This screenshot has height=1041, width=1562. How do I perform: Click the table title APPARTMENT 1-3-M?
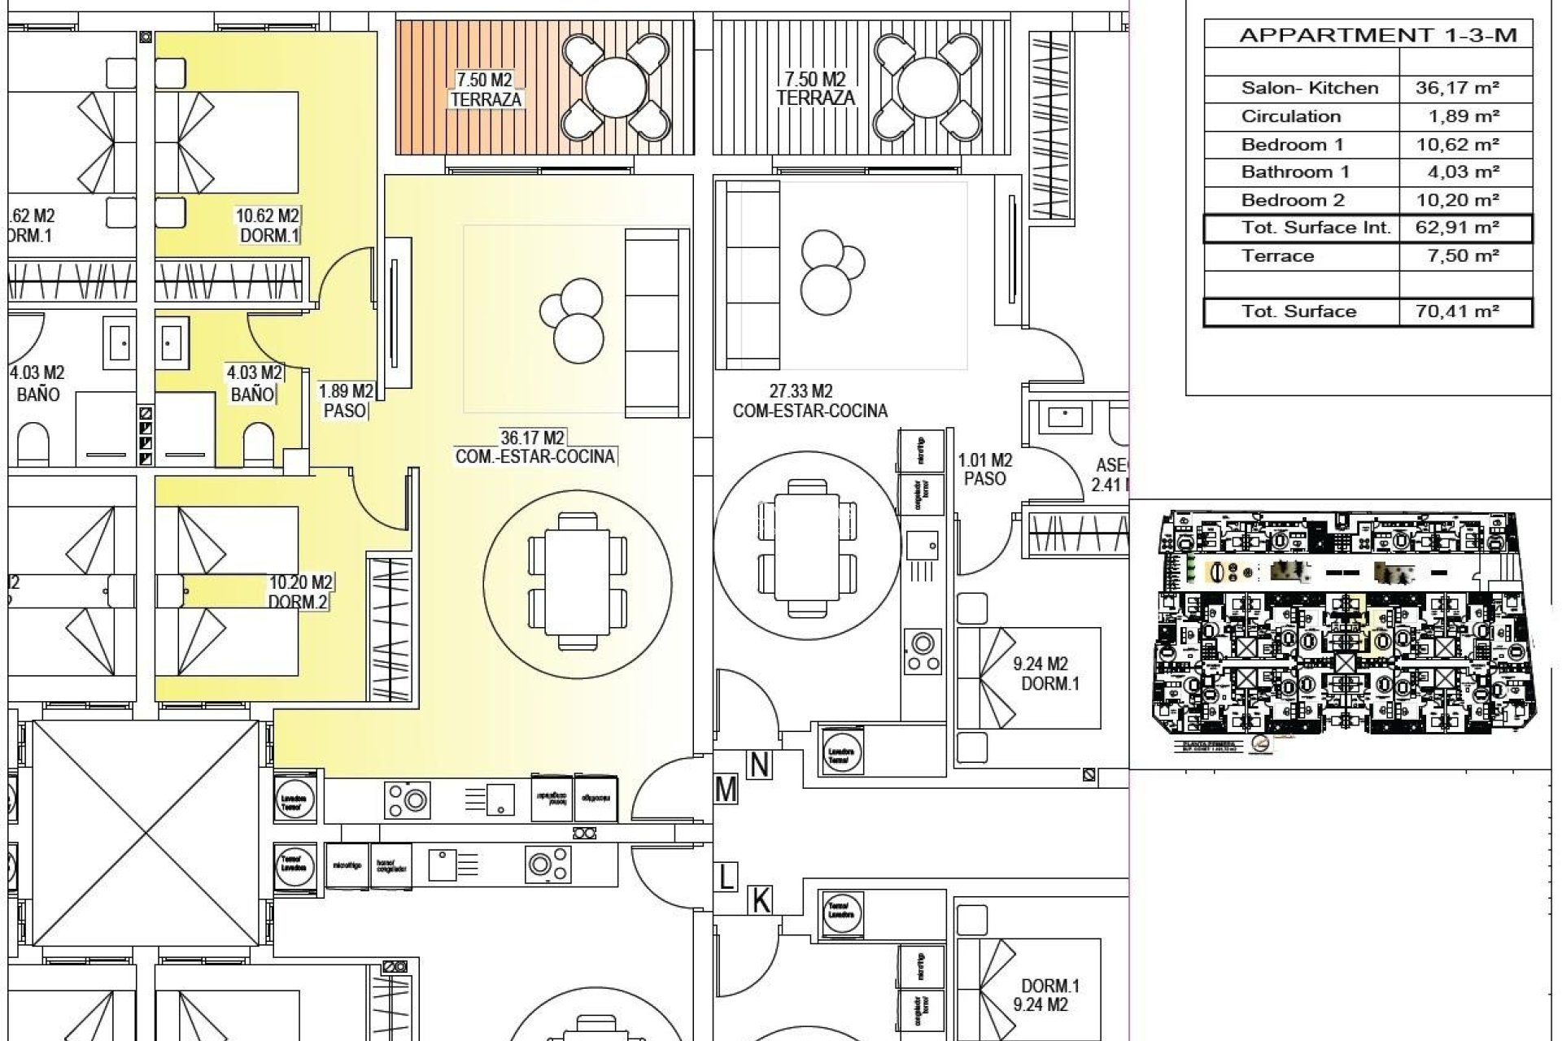pyautogui.click(x=1377, y=35)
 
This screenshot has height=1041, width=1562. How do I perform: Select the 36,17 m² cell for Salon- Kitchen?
pyautogui.click(x=1457, y=88)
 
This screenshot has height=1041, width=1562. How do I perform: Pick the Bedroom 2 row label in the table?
pyautogui.click(x=1293, y=200)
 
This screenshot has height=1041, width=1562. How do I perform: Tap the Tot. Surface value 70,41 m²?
pyautogui.click(x=1457, y=311)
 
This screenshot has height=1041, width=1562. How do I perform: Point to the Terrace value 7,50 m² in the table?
pyautogui.click(x=1457, y=256)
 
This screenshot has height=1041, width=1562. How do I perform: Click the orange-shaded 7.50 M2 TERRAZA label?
pyautogui.click(x=485, y=89)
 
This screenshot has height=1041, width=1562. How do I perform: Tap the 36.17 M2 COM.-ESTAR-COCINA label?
pyautogui.click(x=534, y=447)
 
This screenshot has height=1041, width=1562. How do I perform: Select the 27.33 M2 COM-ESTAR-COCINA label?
pyautogui.click(x=809, y=402)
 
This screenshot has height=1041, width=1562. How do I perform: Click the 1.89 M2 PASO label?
pyautogui.click(x=345, y=401)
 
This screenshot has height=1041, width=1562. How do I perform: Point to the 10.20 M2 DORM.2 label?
pyautogui.click(x=299, y=592)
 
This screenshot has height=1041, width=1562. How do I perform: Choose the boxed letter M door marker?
pyautogui.click(x=726, y=790)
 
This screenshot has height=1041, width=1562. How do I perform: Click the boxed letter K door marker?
pyautogui.click(x=760, y=900)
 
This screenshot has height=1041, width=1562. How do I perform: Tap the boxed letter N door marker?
pyautogui.click(x=759, y=764)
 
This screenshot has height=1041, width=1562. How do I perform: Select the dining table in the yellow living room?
pyautogui.click(x=578, y=581)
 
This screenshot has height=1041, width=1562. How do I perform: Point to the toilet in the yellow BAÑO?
pyautogui.click(x=259, y=444)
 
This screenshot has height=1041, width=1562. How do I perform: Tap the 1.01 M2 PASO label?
pyautogui.click(x=984, y=469)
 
